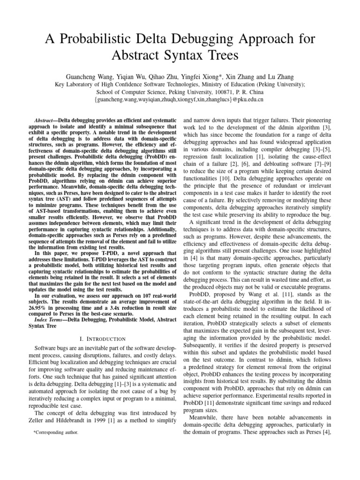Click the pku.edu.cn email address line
click(x=180, y=99)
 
